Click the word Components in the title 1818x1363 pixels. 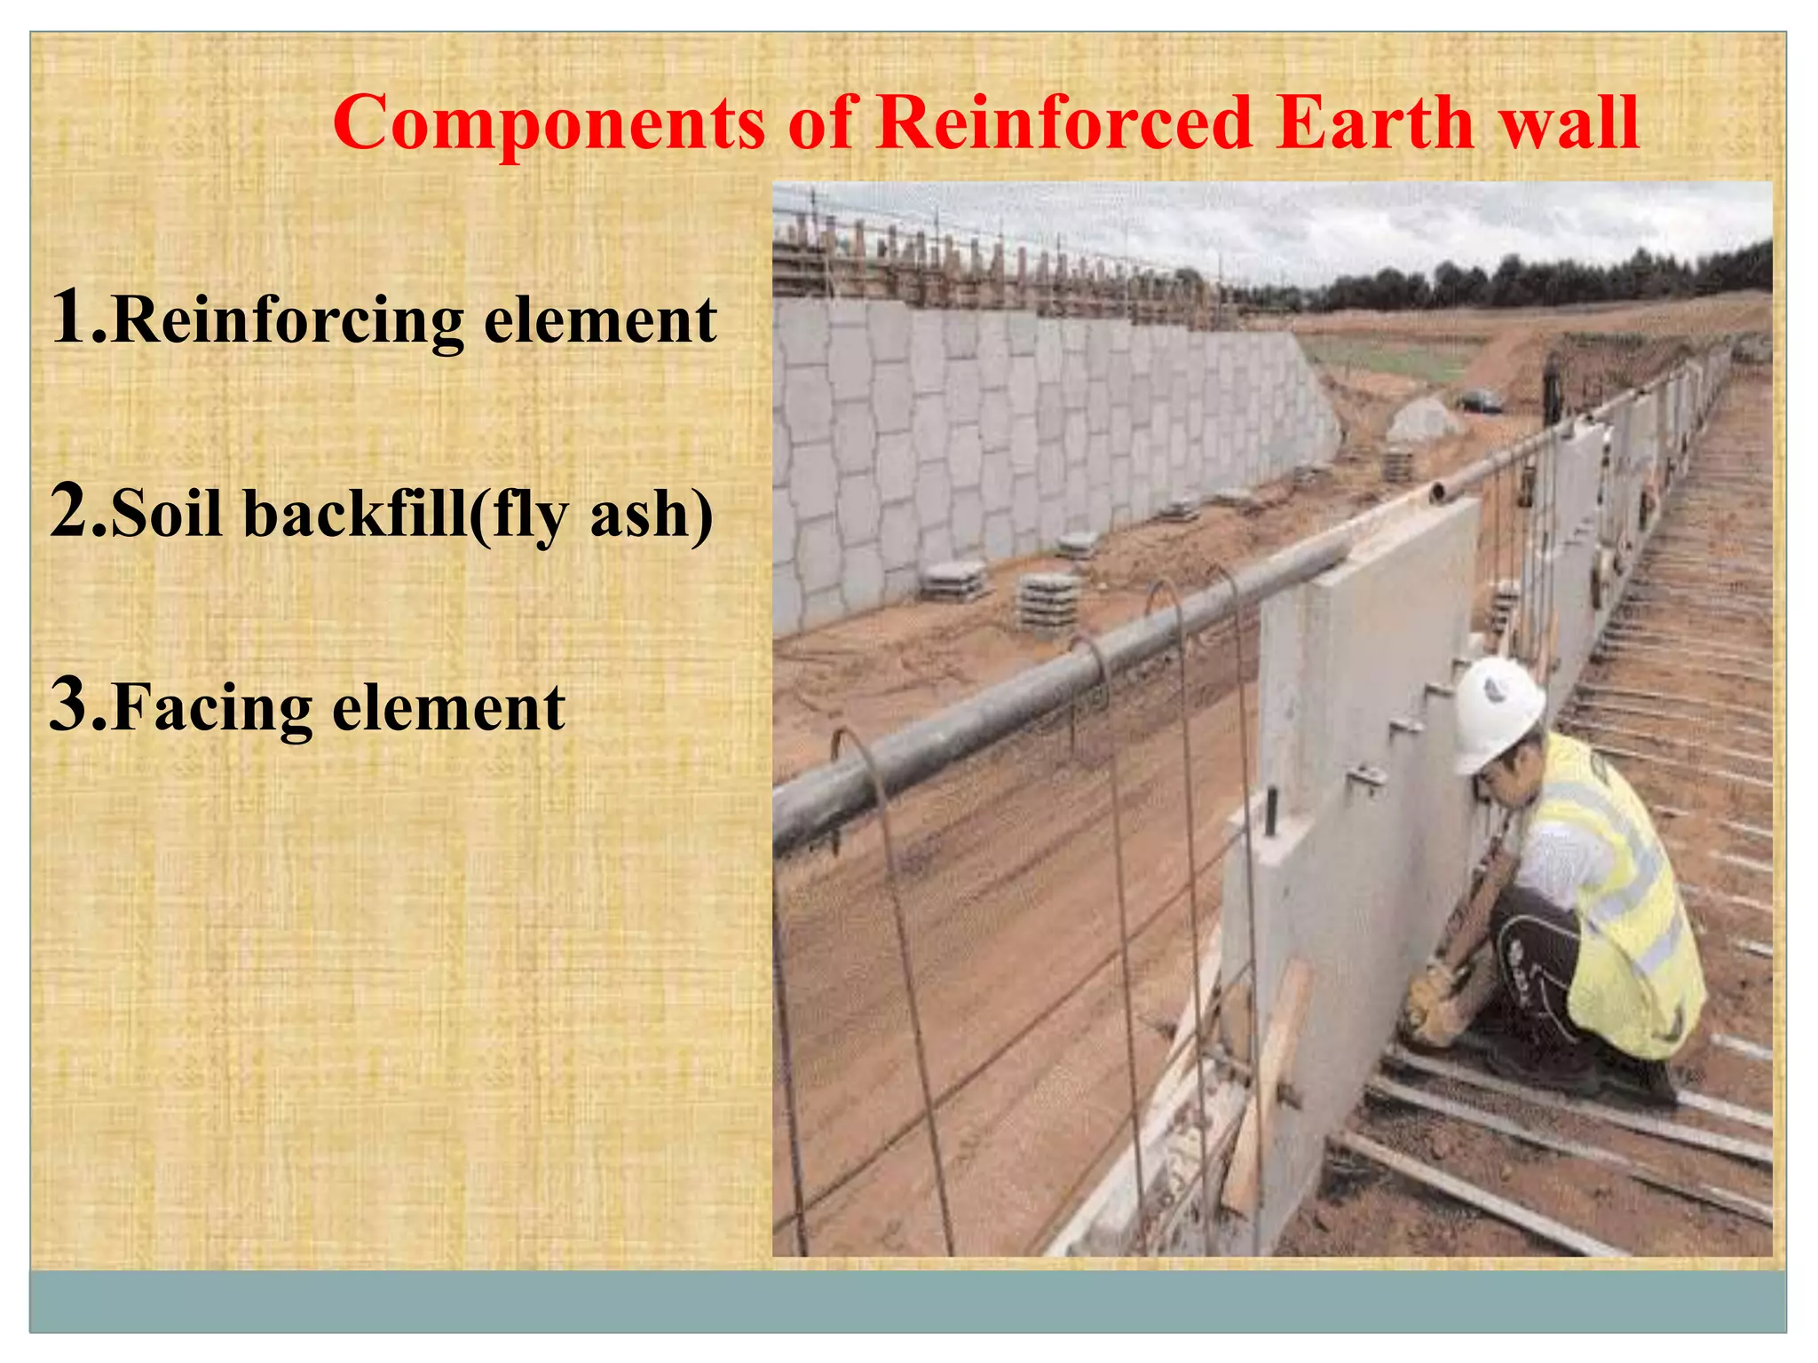549,124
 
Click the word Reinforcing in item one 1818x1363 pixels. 289,321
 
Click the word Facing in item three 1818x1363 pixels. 213,710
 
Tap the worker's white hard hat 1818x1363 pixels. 1498,712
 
